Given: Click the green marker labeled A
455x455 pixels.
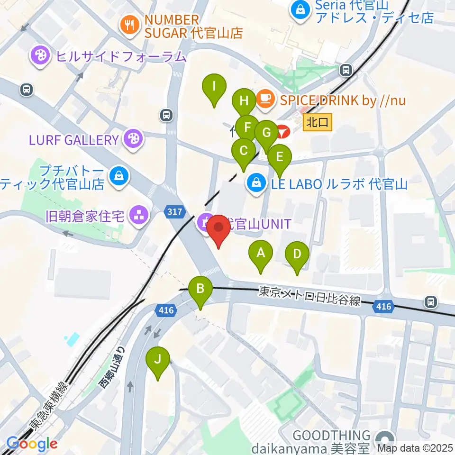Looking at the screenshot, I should click(260, 253).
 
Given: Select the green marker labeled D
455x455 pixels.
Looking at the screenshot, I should click(297, 255).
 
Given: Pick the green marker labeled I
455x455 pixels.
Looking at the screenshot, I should click(214, 87).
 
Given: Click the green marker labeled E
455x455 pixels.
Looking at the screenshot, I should click(280, 156).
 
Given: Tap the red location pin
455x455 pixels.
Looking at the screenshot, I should click(218, 228).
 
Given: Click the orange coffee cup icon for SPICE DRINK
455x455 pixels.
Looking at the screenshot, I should click(264, 99).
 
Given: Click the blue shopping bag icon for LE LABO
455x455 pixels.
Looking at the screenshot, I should click(256, 182).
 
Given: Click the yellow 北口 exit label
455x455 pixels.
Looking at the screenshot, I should click(317, 123).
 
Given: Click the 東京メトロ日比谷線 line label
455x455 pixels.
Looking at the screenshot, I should click(309, 296).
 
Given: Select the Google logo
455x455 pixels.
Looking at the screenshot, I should click(32, 444).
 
